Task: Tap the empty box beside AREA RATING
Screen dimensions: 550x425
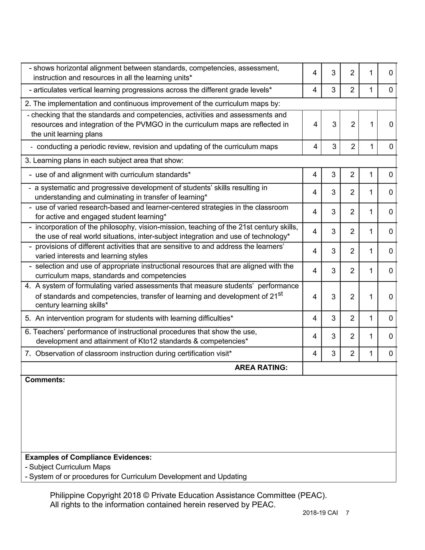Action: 349,368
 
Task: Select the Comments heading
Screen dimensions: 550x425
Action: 45,380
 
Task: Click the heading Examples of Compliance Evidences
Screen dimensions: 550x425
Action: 88,457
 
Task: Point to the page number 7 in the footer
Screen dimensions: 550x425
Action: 347,513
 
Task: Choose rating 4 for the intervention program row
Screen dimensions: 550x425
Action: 314,318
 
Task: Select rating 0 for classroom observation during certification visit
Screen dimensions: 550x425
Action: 391,354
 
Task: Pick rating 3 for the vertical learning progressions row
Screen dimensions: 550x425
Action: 333,90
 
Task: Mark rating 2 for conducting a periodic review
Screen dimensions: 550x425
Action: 353,147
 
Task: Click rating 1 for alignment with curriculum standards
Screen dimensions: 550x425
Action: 371,175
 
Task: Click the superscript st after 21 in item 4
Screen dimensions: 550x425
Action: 280,294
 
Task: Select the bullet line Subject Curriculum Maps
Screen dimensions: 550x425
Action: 68,467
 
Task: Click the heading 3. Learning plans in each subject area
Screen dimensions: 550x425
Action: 104,160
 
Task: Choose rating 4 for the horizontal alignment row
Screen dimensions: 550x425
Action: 314,73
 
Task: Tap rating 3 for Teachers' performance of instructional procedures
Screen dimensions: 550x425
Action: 333,336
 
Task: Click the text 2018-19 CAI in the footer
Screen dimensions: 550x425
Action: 320,513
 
